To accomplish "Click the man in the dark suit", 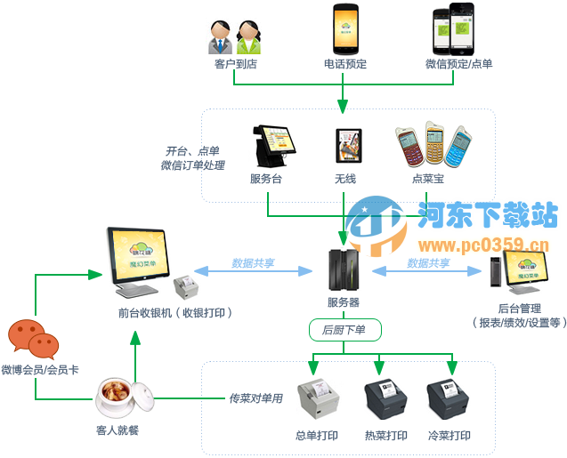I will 221,39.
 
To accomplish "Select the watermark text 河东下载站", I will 487,214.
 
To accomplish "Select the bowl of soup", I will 122,397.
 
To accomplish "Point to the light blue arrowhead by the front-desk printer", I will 201,269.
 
